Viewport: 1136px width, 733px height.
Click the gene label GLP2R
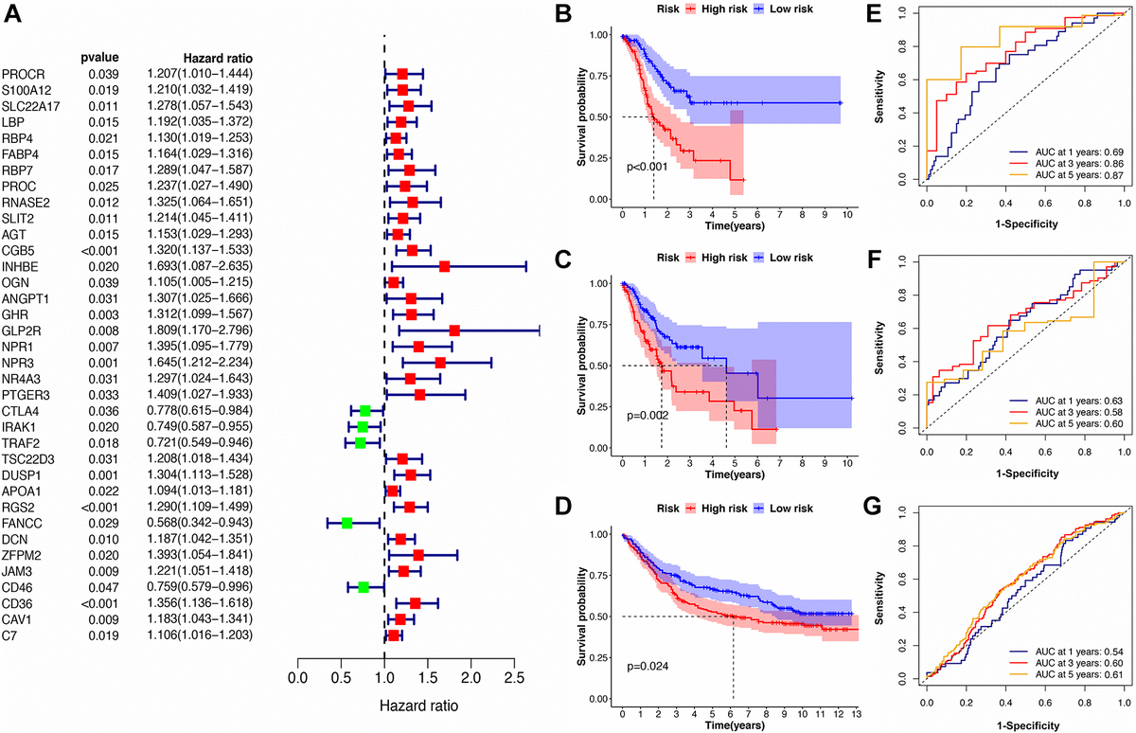[23, 330]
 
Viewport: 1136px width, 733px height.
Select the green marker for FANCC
[346, 523]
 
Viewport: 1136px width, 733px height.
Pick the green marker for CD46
[364, 587]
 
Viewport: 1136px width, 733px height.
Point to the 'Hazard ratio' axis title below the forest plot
[418, 706]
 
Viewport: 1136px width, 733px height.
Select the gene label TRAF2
[21, 442]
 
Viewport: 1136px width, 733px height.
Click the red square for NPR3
[440, 362]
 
